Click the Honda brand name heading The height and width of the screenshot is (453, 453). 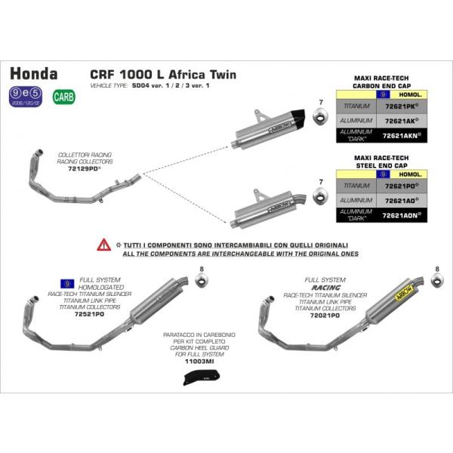click(x=33, y=74)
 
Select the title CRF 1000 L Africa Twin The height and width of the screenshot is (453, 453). click(x=162, y=75)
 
